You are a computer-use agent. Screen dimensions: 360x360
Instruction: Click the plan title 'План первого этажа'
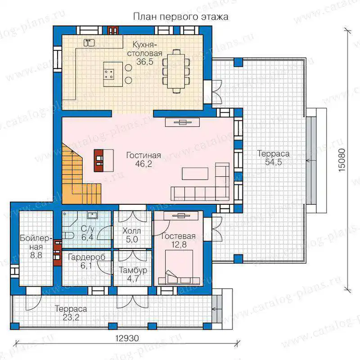(x=181, y=17)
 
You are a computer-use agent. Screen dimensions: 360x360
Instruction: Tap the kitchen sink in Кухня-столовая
(x=89, y=43)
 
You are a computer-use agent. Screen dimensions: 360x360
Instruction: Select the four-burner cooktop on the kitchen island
(x=108, y=74)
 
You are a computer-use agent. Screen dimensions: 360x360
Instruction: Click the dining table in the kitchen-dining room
(x=176, y=71)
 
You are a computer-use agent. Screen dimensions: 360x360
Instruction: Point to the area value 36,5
(x=144, y=62)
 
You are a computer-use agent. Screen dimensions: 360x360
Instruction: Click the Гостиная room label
(x=144, y=155)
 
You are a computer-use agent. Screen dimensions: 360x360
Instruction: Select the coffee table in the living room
(x=195, y=174)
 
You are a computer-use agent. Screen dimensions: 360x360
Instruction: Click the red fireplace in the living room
(x=99, y=161)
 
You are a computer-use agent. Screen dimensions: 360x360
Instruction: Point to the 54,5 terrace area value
(x=273, y=162)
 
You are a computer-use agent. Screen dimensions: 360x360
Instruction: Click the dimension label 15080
(x=342, y=160)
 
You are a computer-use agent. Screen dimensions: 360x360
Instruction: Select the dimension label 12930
(x=127, y=338)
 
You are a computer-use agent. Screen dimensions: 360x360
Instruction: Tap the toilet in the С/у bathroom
(x=68, y=235)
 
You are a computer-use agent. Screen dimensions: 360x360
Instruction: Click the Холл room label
(x=131, y=231)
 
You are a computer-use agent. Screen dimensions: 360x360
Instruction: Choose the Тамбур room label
(x=133, y=270)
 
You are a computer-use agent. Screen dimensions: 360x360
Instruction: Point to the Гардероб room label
(x=86, y=257)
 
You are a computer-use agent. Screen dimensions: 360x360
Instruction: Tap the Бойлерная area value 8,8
(x=36, y=255)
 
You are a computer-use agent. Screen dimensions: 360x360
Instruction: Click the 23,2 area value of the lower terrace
(x=71, y=318)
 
